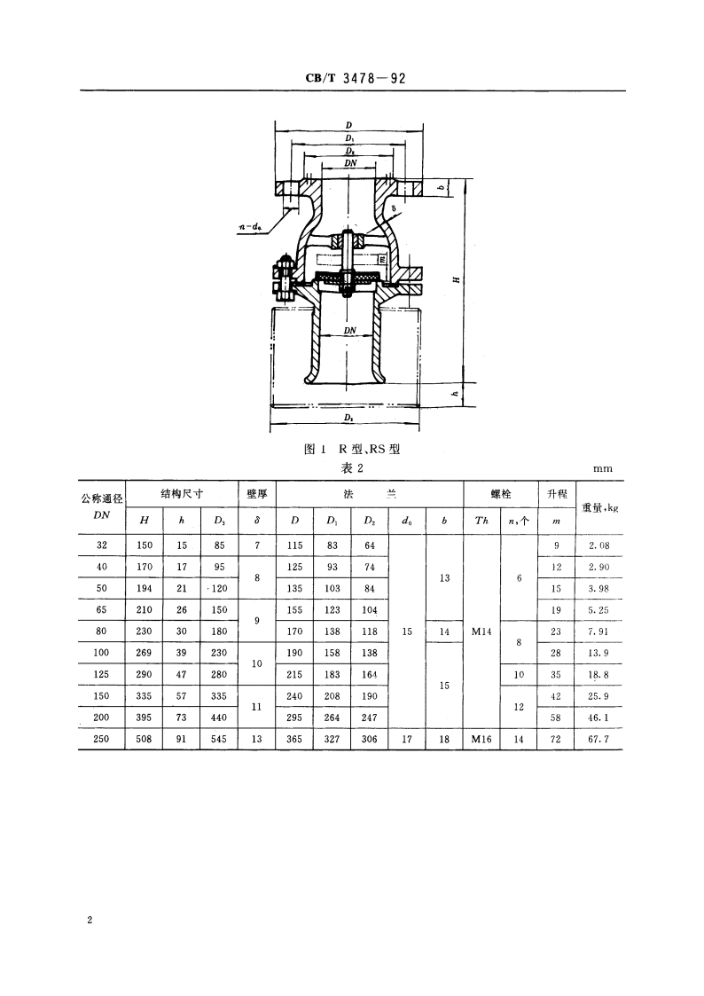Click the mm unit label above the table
(x=603, y=468)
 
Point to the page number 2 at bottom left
(x=90, y=921)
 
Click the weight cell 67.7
(x=599, y=736)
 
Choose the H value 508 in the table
(x=144, y=736)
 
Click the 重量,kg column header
(x=599, y=507)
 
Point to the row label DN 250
(x=101, y=736)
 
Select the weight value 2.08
(x=599, y=546)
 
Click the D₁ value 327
(x=332, y=736)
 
